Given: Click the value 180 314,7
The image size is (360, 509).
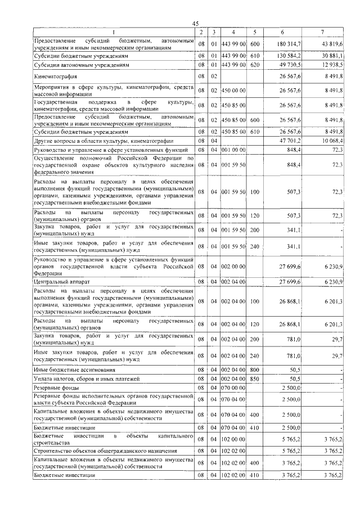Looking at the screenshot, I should click(x=289, y=44).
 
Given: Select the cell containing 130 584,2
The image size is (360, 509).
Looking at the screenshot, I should click(x=289, y=56).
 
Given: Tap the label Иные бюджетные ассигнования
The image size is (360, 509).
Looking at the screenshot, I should click(x=75, y=370).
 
